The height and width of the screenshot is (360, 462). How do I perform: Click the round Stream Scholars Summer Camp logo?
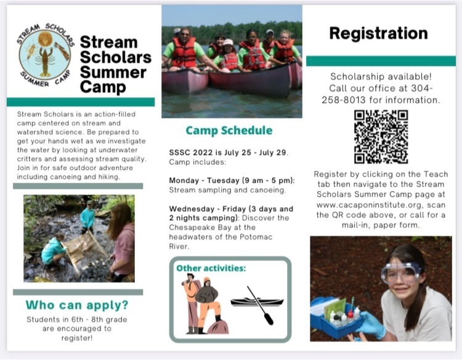tap(45, 55)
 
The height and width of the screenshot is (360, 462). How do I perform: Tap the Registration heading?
tap(378, 33)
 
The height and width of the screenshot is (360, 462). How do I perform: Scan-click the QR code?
tap(381, 137)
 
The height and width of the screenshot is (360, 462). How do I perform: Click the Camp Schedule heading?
tap(229, 130)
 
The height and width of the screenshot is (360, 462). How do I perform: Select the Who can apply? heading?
tap(77, 305)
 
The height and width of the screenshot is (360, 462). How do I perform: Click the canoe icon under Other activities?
tap(257, 305)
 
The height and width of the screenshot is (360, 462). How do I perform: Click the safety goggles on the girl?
tap(401, 272)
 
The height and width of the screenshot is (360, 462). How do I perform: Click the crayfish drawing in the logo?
tap(45, 60)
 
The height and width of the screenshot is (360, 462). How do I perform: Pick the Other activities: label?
tap(211, 268)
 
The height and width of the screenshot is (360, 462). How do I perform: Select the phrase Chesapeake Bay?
tap(197, 228)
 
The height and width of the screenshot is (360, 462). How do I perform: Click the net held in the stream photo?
tap(83, 250)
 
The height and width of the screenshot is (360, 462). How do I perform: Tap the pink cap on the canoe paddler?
tap(228, 42)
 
